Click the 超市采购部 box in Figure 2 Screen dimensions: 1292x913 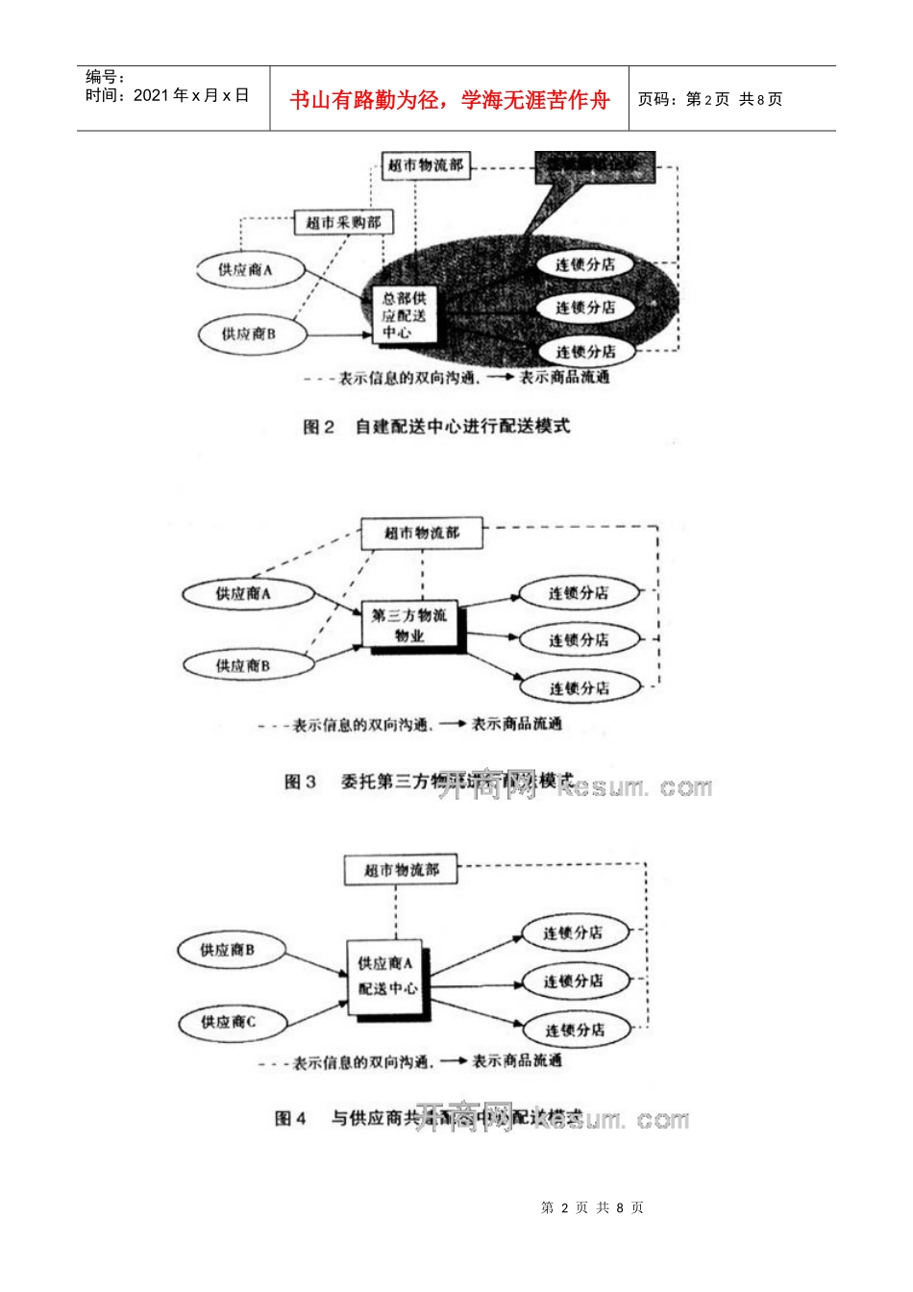pyautogui.click(x=343, y=222)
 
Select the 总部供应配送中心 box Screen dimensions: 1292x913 pyautogui.click(x=404, y=315)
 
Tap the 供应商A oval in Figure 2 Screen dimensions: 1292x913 pyautogui.click(x=246, y=270)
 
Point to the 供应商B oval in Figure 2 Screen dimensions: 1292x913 pyautogui.click(x=249, y=334)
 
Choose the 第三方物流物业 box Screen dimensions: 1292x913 pyautogui.click(x=409, y=625)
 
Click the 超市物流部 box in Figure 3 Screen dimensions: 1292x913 pyautogui.click(x=422, y=533)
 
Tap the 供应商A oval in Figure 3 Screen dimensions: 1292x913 pyautogui.click(x=244, y=594)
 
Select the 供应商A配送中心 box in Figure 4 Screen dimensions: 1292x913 pyautogui.click(x=385, y=977)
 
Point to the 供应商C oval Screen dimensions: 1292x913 pyautogui.click(x=229, y=1022)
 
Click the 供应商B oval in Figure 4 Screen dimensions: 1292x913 pyautogui.click(x=228, y=950)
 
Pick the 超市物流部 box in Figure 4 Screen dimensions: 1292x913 pyautogui.click(x=402, y=870)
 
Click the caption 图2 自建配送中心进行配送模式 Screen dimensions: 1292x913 pyautogui.click(x=436, y=426)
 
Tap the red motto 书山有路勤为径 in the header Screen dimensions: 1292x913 pyautogui.click(x=449, y=100)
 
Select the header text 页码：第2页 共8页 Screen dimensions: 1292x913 pyautogui.click(x=710, y=99)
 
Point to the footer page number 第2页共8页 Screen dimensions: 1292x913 pyautogui.click(x=592, y=1207)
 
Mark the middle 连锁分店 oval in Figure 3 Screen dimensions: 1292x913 pyautogui.click(x=579, y=639)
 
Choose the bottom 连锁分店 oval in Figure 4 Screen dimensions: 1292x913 pyautogui.click(x=575, y=1030)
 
